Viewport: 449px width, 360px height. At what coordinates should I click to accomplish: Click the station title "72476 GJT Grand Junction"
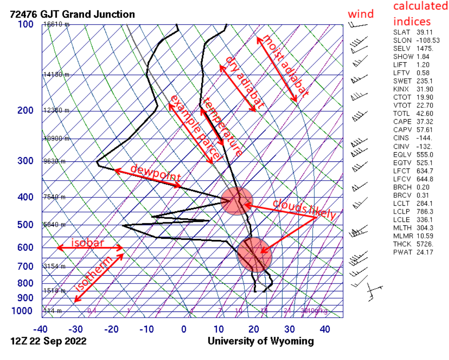pos(72,14)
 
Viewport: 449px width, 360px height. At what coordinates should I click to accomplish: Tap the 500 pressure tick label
pos(25,225)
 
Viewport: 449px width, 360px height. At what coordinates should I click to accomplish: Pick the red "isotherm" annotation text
pos(94,274)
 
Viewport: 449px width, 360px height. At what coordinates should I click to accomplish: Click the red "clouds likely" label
pos(304,209)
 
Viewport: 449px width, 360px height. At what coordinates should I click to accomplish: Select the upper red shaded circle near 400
pos(237,201)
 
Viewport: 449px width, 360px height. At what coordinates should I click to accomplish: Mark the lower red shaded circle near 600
pos(254,255)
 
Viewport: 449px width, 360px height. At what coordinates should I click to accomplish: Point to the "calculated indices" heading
pos(420,13)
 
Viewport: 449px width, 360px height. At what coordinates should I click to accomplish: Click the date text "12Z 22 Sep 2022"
pos(49,341)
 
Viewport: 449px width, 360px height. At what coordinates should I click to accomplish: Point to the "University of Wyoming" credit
pos(261,341)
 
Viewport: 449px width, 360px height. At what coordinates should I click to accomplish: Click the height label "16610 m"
pos(56,24)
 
